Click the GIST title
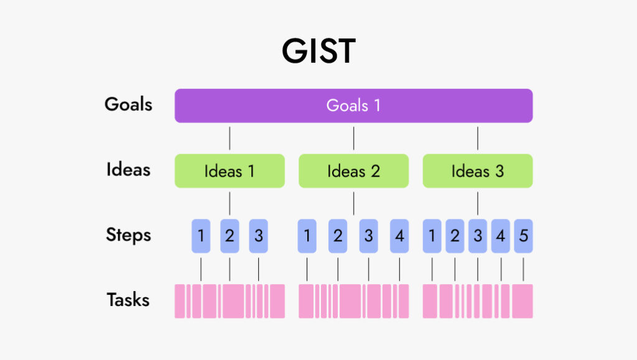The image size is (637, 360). click(318, 51)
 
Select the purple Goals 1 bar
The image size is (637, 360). click(353, 106)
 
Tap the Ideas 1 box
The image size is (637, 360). click(230, 171)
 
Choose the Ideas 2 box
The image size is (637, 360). click(353, 171)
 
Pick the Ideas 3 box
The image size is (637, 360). click(478, 171)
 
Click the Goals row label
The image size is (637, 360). click(128, 104)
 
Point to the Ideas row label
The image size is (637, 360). click(128, 170)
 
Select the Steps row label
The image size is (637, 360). click(128, 235)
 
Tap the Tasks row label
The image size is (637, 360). click(128, 300)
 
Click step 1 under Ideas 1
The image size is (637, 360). click(201, 236)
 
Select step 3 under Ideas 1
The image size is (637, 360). click(258, 236)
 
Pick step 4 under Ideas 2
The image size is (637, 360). click(399, 236)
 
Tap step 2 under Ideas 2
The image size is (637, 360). click(338, 236)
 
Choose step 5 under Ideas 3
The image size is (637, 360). click(523, 236)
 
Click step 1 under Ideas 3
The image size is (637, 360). click(432, 236)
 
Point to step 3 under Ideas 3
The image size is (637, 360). click(478, 236)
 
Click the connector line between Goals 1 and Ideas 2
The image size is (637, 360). click(353, 139)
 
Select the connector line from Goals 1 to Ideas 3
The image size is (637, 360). click(478, 139)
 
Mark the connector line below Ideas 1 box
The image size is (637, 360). click(230, 203)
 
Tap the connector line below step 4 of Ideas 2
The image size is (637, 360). click(399, 269)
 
